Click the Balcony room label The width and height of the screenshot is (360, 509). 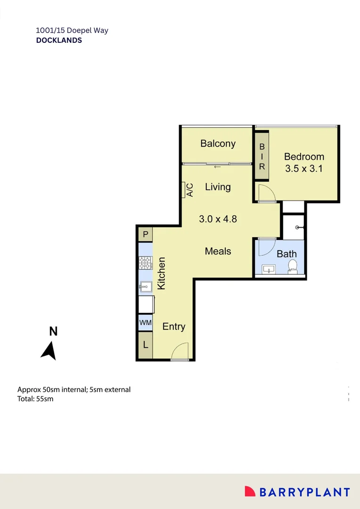click(218, 144)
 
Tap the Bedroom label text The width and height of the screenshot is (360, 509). click(304, 157)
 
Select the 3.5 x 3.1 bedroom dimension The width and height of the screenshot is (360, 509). click(304, 168)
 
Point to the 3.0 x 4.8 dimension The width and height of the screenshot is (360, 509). click(217, 219)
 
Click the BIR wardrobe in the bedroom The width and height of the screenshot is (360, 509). click(262, 156)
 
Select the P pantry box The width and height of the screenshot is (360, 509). click(146, 234)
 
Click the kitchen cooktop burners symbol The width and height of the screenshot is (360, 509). click(146, 263)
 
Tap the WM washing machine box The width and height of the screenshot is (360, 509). click(145, 323)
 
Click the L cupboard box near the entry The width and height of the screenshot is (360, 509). click(146, 345)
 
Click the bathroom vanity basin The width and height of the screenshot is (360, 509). click(270, 270)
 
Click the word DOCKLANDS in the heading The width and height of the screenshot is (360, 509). click(59, 41)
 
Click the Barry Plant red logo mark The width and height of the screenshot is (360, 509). click(250, 492)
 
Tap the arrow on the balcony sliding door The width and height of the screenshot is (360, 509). click(217, 167)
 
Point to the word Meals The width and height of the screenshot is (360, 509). click(218, 251)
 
